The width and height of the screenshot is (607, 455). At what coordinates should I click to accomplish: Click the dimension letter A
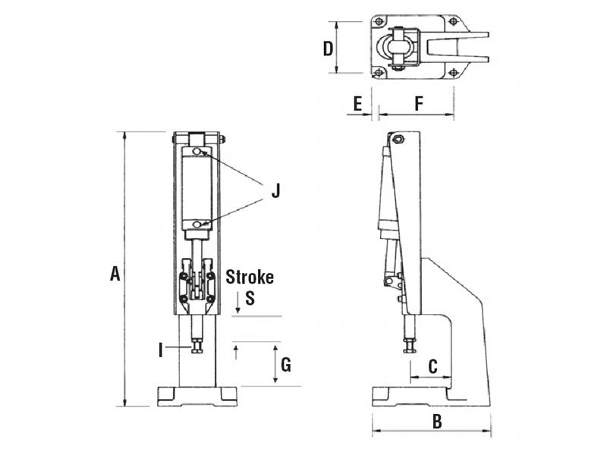(115, 274)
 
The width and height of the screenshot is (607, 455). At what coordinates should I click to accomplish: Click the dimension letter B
(436, 422)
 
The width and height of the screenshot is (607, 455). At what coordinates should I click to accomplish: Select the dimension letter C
(432, 366)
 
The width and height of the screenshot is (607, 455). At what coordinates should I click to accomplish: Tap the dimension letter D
(328, 49)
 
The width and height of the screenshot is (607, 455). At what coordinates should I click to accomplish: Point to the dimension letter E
(357, 104)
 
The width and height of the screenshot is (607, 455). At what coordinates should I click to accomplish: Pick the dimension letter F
(419, 104)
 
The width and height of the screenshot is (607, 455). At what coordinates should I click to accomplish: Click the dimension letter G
(285, 365)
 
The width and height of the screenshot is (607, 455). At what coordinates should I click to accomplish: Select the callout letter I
(160, 350)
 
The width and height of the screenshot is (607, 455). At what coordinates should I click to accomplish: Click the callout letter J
(275, 190)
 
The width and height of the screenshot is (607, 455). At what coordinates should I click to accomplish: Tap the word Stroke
(250, 277)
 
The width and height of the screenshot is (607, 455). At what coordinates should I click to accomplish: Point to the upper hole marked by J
(197, 153)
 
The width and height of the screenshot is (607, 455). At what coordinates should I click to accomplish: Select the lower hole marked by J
(197, 224)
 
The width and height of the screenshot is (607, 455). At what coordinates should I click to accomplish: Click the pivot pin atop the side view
(397, 140)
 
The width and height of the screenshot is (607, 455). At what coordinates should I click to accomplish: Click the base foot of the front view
(197, 395)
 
